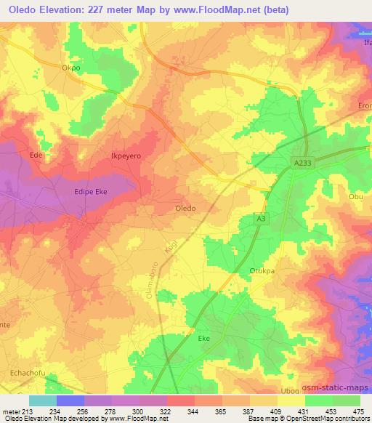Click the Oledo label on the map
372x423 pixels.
185,208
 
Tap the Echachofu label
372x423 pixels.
27,373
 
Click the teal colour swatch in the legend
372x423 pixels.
43,400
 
